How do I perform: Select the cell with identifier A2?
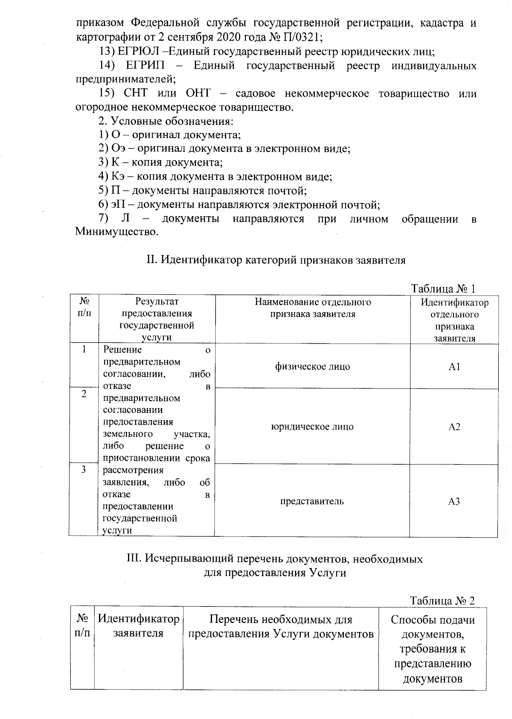454,427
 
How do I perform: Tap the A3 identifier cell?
454,502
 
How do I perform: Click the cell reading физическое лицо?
312,367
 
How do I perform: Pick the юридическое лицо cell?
312,427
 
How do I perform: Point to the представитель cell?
312,502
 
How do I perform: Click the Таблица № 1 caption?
442,289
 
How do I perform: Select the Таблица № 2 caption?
442,600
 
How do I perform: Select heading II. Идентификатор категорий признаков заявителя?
276,260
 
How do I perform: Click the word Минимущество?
114,232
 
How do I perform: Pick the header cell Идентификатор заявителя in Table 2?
138,626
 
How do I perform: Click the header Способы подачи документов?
432,626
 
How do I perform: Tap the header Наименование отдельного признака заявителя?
312,308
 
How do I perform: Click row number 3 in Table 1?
84,470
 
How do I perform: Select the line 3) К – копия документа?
160,162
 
